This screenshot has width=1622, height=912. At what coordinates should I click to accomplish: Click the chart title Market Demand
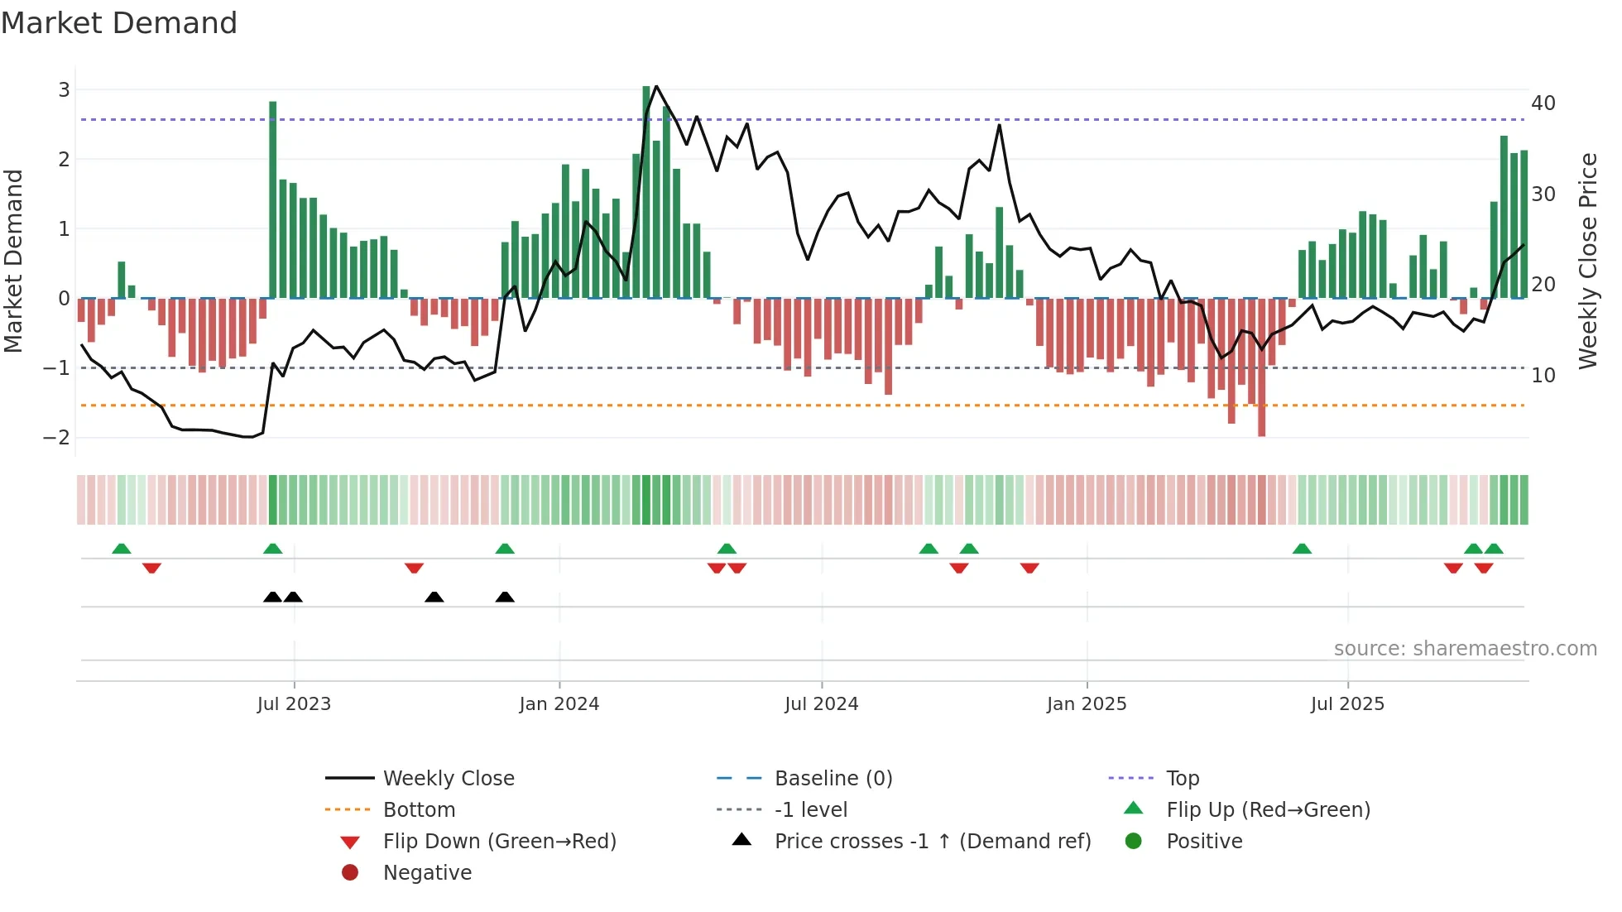(119, 23)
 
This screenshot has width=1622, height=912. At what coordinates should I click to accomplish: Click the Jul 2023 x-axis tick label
(294, 704)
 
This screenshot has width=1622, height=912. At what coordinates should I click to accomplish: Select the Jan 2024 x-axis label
(559, 704)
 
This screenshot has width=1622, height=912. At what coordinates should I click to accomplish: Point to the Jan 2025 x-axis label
(1086, 704)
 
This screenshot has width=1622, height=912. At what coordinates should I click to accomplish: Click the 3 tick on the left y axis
(64, 89)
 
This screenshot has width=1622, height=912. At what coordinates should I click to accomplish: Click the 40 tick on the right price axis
(1543, 103)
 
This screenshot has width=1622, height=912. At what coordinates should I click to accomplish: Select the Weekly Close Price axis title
(1587, 261)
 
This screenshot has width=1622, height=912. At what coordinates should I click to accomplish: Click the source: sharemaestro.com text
(1465, 649)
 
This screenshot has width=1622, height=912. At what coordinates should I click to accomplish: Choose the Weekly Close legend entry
(448, 779)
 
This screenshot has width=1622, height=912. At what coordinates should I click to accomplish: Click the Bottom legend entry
(419, 810)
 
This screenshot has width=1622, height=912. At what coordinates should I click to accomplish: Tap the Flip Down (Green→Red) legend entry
(499, 842)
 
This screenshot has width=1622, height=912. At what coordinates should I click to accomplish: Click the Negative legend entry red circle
(350, 873)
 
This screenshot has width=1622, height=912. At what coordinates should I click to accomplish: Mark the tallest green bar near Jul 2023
(273, 199)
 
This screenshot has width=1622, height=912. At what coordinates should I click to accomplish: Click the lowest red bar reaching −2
(1261, 368)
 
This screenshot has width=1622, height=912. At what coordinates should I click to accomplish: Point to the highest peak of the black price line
(656, 86)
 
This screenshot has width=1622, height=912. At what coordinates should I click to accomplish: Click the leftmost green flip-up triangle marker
(122, 549)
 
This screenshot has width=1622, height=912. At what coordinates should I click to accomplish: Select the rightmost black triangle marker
(505, 597)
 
